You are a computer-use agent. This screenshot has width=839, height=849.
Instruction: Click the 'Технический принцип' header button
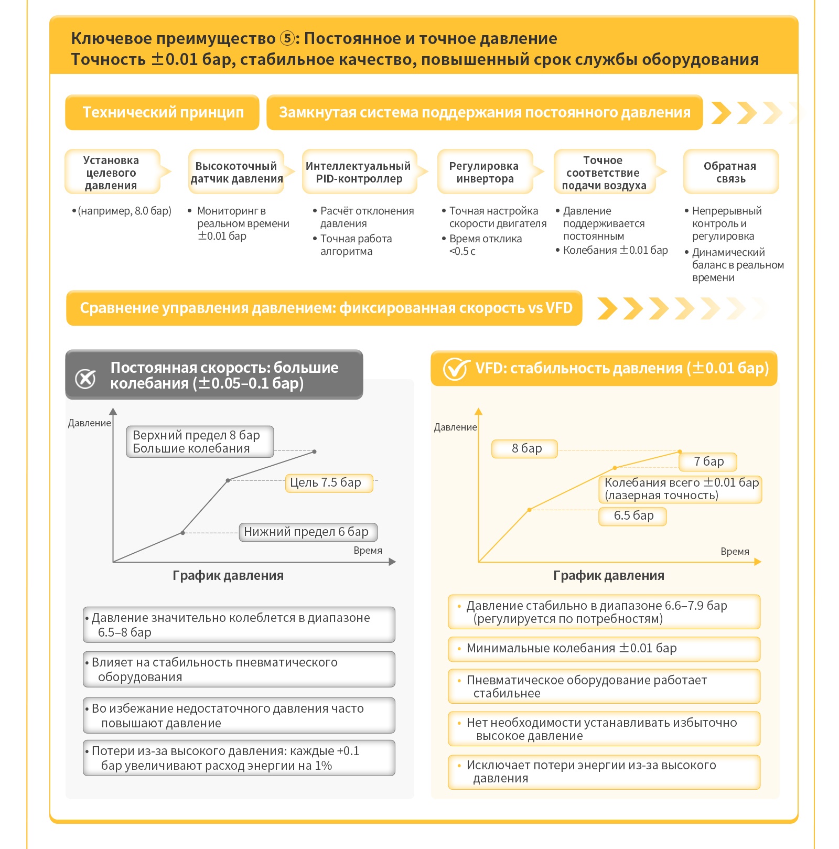(162, 112)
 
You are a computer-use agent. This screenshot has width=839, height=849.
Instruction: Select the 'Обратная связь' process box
(730, 172)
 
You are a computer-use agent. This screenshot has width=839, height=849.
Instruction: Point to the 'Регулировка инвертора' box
(485, 172)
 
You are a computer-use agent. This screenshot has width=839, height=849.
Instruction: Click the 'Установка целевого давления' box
(112, 172)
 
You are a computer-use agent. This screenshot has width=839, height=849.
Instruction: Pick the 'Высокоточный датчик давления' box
(236, 172)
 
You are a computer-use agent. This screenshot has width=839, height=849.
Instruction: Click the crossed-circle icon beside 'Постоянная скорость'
(85, 378)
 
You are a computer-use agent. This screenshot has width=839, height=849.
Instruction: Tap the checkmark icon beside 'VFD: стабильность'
(455, 369)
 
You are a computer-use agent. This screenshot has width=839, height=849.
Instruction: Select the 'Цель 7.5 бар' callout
(329, 482)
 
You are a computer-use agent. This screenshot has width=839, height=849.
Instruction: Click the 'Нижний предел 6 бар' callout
(308, 532)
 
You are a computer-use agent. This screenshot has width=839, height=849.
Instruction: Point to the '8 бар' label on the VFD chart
(524, 449)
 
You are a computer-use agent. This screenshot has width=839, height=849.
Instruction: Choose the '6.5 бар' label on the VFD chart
(632, 516)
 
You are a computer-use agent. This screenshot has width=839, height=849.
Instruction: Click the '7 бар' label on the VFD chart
(708, 461)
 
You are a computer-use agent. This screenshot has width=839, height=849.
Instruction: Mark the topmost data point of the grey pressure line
(314, 452)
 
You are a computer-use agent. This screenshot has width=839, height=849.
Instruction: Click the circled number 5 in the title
(287, 38)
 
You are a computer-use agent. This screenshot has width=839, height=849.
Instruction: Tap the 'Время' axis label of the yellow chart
(735, 552)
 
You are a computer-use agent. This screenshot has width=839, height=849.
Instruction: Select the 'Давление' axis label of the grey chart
(90, 423)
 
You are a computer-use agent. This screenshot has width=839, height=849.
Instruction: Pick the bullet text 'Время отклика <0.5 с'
(486, 245)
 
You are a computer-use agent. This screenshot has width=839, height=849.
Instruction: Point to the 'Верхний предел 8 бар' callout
(200, 442)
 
